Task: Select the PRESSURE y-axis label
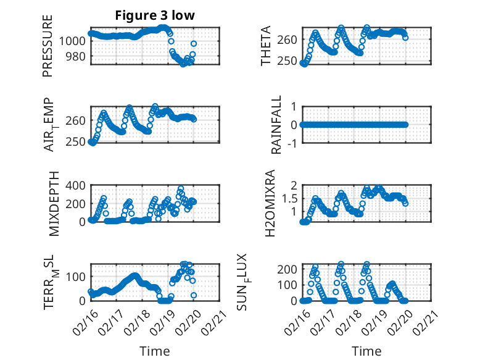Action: (48, 46)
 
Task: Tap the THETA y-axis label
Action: (266, 46)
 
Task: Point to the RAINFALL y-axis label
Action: (277, 125)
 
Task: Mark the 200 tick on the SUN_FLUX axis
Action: (288, 269)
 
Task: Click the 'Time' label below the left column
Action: (154, 351)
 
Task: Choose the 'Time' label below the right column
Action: (366, 351)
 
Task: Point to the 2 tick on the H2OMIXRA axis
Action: (294, 185)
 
